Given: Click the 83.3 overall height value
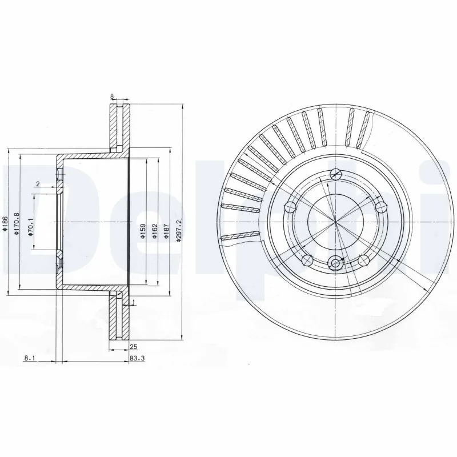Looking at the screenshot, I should pos(136,359).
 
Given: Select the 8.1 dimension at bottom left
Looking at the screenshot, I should pos(30,359).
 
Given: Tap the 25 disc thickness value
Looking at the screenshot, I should pos(134,346).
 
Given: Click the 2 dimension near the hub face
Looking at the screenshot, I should pos(38,183).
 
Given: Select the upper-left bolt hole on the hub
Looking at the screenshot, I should pos(291,206).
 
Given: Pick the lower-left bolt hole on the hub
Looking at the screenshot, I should pos(307,260).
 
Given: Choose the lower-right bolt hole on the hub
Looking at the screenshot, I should pos(363,260).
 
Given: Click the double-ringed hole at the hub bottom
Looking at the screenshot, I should pos(335,263).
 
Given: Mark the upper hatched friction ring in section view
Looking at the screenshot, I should pos(119,127).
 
